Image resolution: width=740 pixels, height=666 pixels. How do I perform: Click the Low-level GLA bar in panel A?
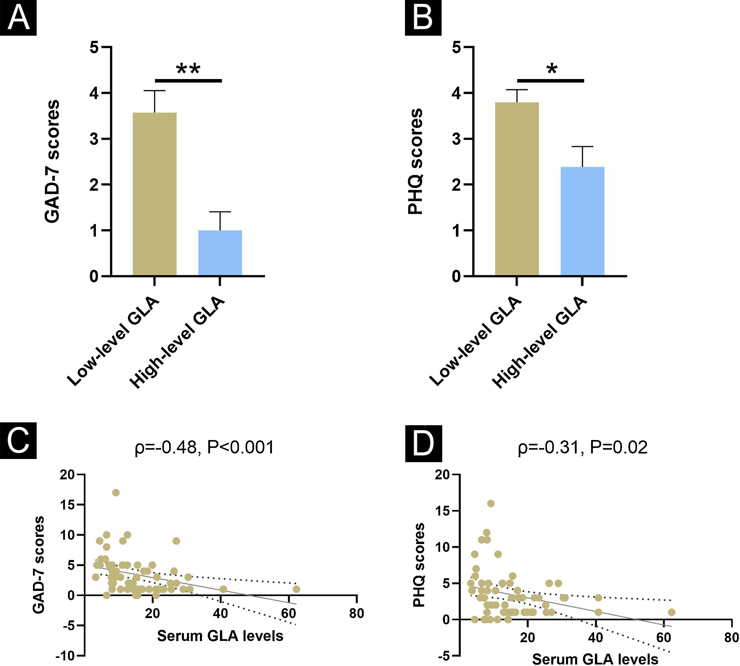pyautogui.click(x=154, y=194)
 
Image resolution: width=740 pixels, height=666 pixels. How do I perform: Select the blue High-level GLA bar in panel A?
pyautogui.click(x=220, y=253)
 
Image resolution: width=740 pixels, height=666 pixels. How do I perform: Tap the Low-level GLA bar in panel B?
pyautogui.click(x=517, y=188)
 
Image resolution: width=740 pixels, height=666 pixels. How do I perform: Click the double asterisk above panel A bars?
pyautogui.click(x=188, y=69)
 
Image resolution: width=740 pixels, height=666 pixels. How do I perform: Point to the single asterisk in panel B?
pyautogui.click(x=552, y=69)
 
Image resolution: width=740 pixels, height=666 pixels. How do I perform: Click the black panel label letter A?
pyautogui.click(x=18, y=17)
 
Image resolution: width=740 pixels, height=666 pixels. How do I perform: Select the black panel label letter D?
pyautogui.click(x=423, y=444)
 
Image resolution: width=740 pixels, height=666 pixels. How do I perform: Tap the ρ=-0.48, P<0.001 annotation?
pyautogui.click(x=204, y=447)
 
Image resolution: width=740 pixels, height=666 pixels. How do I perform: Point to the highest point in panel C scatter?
pyautogui.click(x=116, y=493)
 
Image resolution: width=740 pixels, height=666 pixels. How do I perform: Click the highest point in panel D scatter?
pyautogui.click(x=491, y=503)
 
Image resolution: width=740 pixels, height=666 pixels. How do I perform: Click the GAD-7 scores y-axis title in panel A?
pyautogui.click(x=51, y=161)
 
